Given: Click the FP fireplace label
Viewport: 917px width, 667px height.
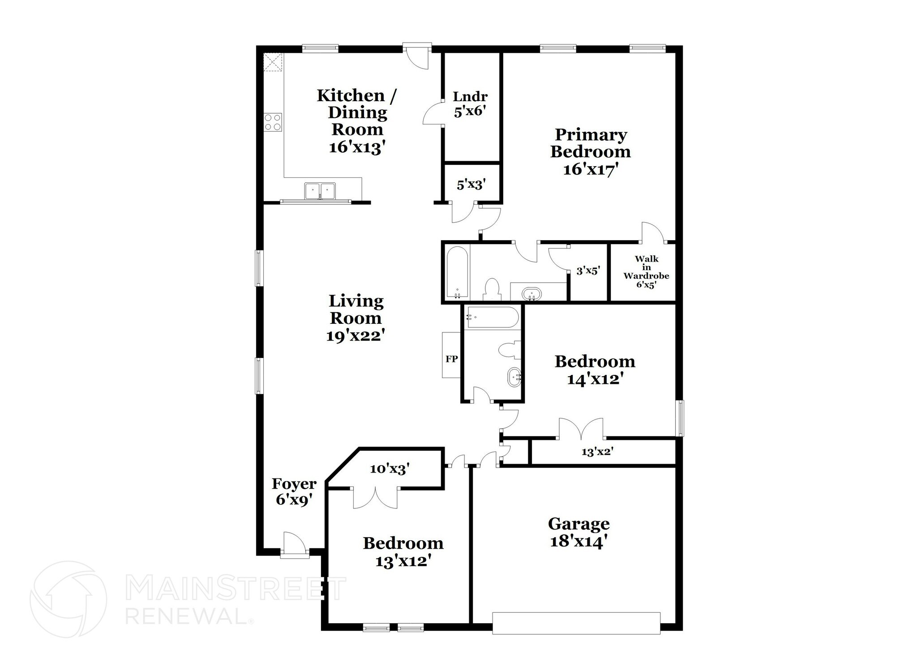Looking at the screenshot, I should click(x=451, y=359).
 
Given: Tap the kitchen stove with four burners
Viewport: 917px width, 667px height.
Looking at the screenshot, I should click(x=273, y=122).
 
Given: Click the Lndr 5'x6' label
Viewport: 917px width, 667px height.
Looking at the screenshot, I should click(x=470, y=103).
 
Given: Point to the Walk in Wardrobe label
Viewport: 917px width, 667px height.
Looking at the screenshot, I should click(x=646, y=271).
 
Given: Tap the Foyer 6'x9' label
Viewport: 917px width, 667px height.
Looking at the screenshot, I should click(x=294, y=491).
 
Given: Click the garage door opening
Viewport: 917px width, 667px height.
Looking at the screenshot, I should click(x=576, y=623).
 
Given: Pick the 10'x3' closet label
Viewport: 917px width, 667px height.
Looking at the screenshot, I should click(x=390, y=469).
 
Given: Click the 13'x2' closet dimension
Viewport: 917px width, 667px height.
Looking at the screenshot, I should click(x=597, y=452).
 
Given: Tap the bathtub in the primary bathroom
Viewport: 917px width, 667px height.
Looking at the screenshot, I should click(x=457, y=273).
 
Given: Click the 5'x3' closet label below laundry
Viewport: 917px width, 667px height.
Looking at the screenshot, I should click(x=471, y=184).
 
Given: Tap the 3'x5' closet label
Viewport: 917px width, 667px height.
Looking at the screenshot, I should click(x=587, y=271).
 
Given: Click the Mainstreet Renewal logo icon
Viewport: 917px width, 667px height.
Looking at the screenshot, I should click(x=68, y=599).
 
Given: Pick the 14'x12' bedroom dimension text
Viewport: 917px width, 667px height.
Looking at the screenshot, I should click(x=595, y=379).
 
